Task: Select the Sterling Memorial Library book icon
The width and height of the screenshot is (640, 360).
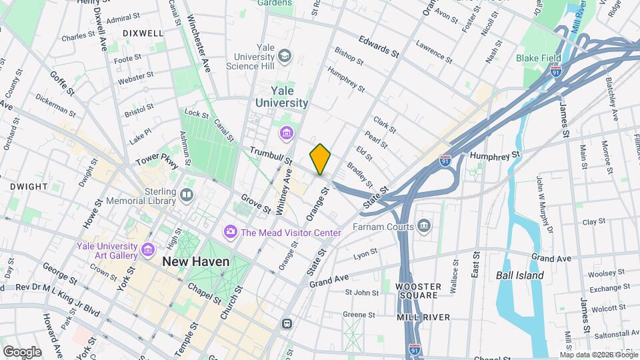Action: tap(187, 195)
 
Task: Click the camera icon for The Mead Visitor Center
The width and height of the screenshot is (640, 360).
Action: tap(231, 231)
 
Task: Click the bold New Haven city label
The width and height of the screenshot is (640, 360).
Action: tap(196, 262)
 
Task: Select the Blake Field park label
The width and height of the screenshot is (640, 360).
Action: tap(538, 58)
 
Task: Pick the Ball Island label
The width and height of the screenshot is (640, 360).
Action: tap(520, 275)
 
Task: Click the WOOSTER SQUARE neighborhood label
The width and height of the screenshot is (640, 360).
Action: tap(418, 291)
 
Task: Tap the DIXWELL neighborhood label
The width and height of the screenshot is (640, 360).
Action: tap(143, 33)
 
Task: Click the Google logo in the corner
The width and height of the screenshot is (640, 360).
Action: tap(22, 351)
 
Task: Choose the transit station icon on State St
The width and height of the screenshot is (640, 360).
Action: tap(287, 324)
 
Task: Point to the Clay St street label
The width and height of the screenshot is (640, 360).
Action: tap(593, 222)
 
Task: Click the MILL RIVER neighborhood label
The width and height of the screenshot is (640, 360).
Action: tap(423, 317)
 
